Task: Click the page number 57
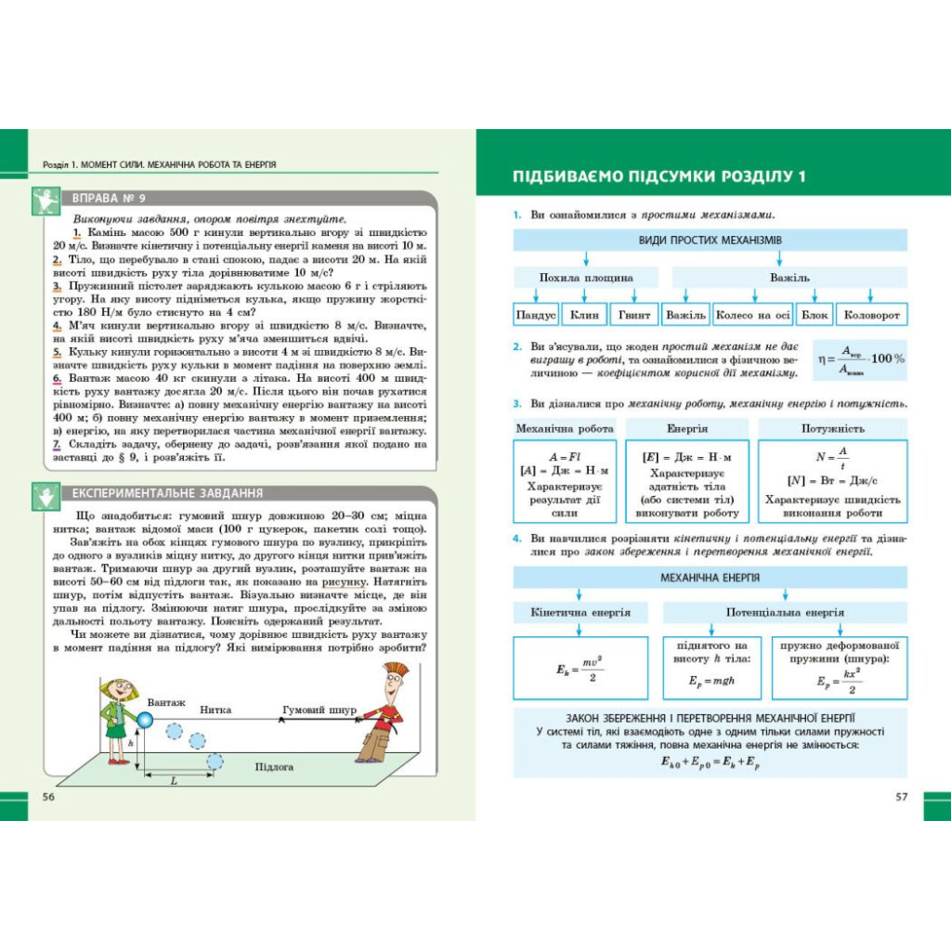[x=901, y=797]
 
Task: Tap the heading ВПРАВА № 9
[x=109, y=198]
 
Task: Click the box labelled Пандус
[x=536, y=315]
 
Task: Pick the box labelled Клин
[x=584, y=315]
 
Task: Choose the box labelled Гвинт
[x=634, y=315]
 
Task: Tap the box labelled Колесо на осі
[x=753, y=315]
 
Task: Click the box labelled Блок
[x=814, y=315]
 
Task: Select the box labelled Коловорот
[x=871, y=315]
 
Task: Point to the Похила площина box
[x=586, y=278]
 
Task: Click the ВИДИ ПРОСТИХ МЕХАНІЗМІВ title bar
[x=710, y=241]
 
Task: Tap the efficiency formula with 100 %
[x=859, y=358]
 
